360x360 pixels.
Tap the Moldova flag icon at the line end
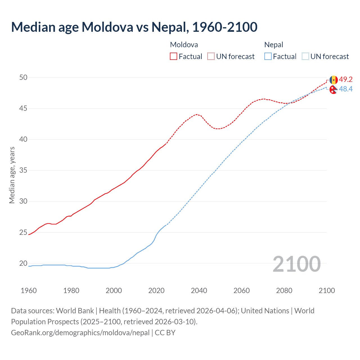pos(334,80)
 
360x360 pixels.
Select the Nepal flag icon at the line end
pos(334,90)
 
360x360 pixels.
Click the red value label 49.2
pos(346,80)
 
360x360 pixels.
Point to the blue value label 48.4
pos(346,89)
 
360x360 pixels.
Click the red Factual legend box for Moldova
pos(174,57)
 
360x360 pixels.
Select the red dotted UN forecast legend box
pos(211,57)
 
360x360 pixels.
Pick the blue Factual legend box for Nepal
pos(268,57)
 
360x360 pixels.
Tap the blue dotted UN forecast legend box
pos(305,57)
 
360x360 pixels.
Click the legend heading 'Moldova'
pos(184,45)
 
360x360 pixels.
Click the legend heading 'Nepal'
pos(274,45)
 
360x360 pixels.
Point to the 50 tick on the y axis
pos(23,77)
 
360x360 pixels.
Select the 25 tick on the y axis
pos(23,232)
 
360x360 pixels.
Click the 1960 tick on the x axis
pos(29,291)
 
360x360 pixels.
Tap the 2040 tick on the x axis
pos(199,291)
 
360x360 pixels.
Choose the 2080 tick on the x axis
pos(284,291)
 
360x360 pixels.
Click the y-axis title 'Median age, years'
pos(12,175)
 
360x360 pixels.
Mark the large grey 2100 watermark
pos(296,264)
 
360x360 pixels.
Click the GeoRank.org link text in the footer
pos(80,333)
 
